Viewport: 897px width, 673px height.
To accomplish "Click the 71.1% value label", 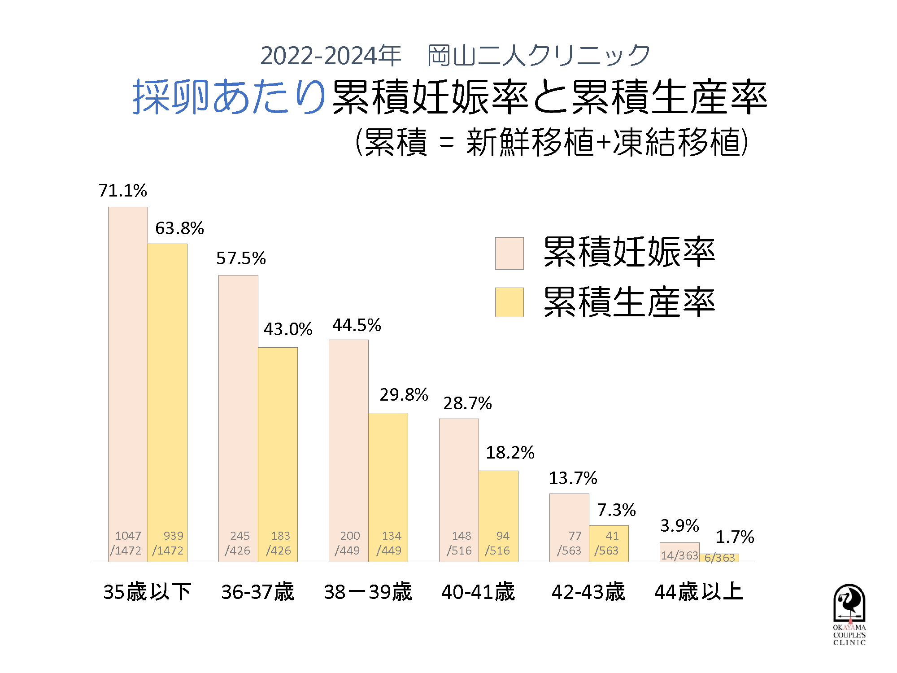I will [x=122, y=191].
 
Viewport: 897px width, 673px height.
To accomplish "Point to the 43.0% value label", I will [x=288, y=329].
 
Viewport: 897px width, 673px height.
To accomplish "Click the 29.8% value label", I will [x=404, y=395].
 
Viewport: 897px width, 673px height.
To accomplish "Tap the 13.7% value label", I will [x=573, y=478].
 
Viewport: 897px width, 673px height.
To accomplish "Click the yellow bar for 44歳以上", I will [x=719, y=558].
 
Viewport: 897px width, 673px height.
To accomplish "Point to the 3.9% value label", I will [x=679, y=525].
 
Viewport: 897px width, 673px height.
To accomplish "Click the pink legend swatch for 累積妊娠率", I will [x=509, y=253].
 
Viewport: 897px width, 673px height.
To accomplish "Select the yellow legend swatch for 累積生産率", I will [x=509, y=302].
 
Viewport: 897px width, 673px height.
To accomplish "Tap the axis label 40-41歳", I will [x=478, y=592].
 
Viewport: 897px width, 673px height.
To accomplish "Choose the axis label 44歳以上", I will [x=699, y=592].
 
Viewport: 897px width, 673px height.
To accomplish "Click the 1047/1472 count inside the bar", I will [x=126, y=543].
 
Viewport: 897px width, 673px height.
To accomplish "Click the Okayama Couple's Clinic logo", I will [x=849, y=615].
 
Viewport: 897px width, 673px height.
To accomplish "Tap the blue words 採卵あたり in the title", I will [x=229, y=97].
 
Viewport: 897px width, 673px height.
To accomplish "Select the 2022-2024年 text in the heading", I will [x=331, y=56].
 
